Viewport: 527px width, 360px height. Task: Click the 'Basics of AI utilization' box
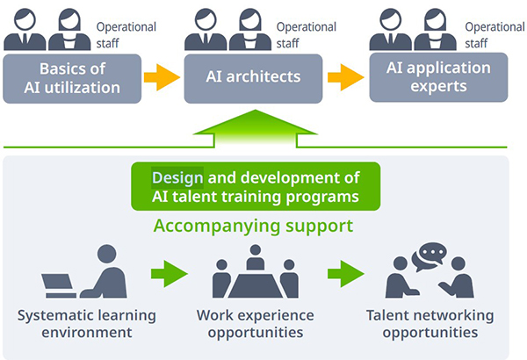coord(72,79)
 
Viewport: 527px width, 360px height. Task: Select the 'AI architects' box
coord(253,79)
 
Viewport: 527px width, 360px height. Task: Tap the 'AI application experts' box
coord(438,77)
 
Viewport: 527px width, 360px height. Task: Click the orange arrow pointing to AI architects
coord(162,77)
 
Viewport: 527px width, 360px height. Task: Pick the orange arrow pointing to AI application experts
coord(346,77)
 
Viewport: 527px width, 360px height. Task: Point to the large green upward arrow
coord(255,129)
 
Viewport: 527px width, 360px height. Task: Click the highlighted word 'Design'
coord(177,178)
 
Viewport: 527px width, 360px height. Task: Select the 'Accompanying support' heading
coord(253,226)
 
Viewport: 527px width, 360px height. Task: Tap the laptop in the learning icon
coord(59,286)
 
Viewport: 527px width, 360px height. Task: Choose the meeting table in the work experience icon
coord(256,285)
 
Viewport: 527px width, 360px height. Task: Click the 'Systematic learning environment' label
coord(87,324)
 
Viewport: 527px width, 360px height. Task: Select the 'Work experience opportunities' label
coord(256,324)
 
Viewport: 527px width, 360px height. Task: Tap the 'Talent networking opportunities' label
coord(430,324)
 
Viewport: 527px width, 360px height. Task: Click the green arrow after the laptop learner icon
coord(170,274)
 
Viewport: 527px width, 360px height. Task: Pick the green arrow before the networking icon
coord(346,274)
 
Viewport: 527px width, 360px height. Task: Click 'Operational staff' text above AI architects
coord(307,35)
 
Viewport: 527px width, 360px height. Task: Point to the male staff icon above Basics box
coord(25,30)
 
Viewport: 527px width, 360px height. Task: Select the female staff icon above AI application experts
coord(436,30)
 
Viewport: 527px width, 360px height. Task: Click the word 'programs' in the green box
coord(322,198)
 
